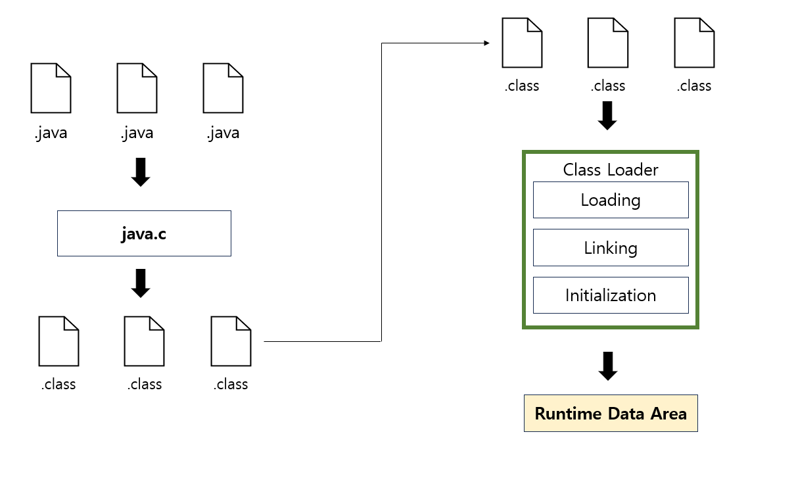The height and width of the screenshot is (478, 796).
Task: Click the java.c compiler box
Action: pyautogui.click(x=144, y=233)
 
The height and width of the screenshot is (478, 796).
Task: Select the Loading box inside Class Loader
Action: pyautogui.click(x=611, y=200)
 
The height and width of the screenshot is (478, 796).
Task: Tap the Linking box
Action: pyautogui.click(x=611, y=248)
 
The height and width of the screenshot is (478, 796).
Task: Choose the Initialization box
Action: pyautogui.click(x=611, y=295)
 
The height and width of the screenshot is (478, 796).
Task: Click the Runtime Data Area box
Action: pyautogui.click(x=611, y=414)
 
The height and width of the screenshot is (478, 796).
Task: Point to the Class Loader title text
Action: pyautogui.click(x=611, y=170)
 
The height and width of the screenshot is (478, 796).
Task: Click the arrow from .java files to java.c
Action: pyautogui.click(x=141, y=172)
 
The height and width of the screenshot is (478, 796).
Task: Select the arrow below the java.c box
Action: pyautogui.click(x=141, y=283)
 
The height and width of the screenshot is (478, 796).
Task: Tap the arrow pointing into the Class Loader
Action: pyautogui.click(x=607, y=116)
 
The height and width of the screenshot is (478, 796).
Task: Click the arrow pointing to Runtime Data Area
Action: pyautogui.click(x=608, y=366)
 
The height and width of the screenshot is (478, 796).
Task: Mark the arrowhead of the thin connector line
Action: pyautogui.click(x=486, y=43)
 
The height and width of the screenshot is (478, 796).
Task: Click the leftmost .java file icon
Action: pyautogui.click(x=51, y=88)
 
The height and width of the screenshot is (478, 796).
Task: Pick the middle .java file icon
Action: pyautogui.click(x=137, y=88)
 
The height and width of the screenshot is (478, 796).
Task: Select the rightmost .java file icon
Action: pyautogui.click(x=223, y=88)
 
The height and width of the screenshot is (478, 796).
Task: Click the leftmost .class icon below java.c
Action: pyautogui.click(x=59, y=341)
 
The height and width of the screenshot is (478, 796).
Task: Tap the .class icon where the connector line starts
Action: pyautogui.click(x=231, y=341)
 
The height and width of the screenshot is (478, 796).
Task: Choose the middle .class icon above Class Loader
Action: pyautogui.click(x=607, y=43)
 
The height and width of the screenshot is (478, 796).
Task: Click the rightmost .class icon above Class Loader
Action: pyautogui.click(x=694, y=43)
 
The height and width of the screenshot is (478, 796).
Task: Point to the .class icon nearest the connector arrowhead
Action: pyautogui.click(x=522, y=43)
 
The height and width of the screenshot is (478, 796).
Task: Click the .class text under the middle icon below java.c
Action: pyautogui.click(x=145, y=385)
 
